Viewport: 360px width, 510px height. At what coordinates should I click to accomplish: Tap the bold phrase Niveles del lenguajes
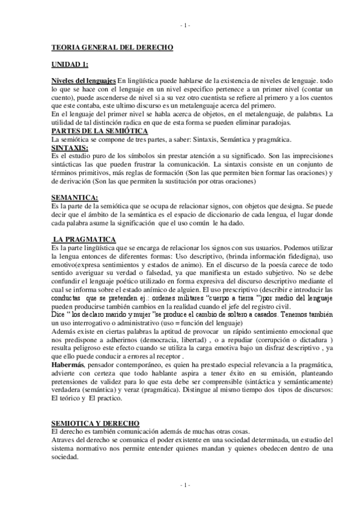tap(83, 80)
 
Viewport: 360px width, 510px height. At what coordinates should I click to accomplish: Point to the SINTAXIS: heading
tap(70, 147)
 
